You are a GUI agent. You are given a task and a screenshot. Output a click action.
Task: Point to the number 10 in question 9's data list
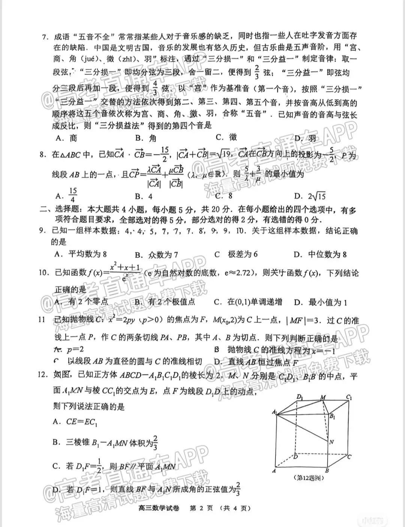[240, 230]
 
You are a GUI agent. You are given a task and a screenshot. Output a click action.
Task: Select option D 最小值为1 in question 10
[320, 302]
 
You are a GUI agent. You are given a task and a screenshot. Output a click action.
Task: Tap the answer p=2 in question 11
[71, 350]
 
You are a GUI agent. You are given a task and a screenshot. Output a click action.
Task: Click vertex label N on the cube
[331, 442]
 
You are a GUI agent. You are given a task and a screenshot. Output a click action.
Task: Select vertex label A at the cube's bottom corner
[274, 471]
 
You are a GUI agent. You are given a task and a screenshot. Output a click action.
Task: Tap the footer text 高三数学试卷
[158, 508]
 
